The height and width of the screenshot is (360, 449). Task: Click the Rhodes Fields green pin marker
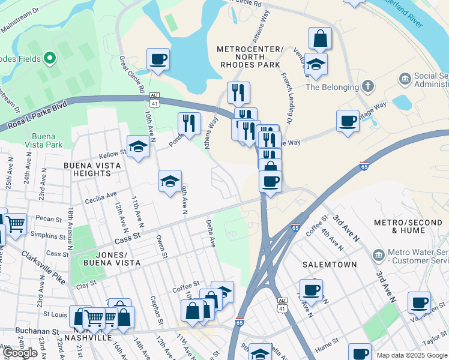(49, 59)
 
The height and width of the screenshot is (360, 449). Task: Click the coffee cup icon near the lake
(158, 59)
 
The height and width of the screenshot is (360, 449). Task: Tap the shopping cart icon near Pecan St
(16, 224)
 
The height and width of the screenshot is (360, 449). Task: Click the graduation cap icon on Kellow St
(138, 147)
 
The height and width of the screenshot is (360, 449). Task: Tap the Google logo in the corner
(20, 353)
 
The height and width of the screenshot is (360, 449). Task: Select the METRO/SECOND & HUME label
(411, 226)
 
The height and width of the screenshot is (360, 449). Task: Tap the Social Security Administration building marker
(405, 78)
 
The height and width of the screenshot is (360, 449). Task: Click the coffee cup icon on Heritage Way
(348, 121)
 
